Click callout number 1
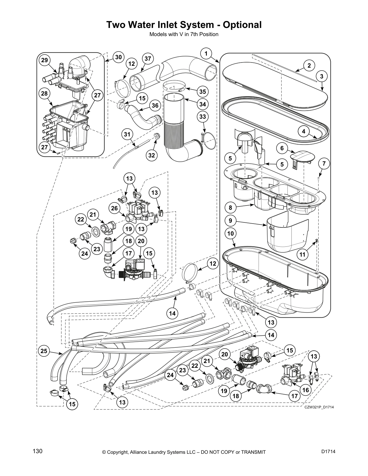[x=206, y=54]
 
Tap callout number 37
[x=147, y=59]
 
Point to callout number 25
[x=44, y=351]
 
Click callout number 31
[x=127, y=134]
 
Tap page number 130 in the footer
[x=38, y=451]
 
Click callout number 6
[x=282, y=148]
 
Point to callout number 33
[x=203, y=116]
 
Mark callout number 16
[x=305, y=390]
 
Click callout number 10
[x=230, y=233]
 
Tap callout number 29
[x=44, y=60]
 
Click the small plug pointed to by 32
[x=156, y=137]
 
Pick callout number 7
[x=324, y=164]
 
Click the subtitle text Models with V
[x=168, y=34]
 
